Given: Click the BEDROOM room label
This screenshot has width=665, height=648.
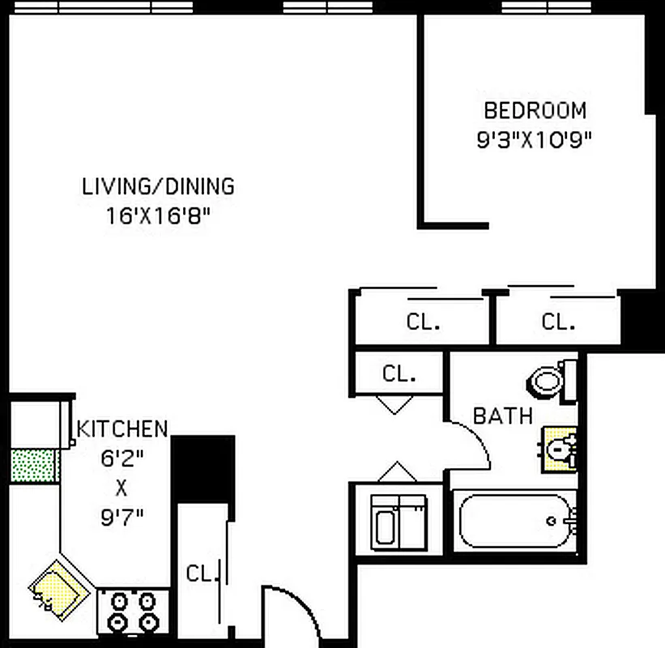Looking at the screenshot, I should pyautogui.click(x=535, y=110).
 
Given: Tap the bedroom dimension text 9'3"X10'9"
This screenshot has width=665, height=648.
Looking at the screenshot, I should pyautogui.click(x=535, y=139).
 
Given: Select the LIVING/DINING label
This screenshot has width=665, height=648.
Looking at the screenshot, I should pyautogui.click(x=158, y=186).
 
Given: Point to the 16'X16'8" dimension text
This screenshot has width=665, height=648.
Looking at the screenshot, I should pyautogui.click(x=158, y=216).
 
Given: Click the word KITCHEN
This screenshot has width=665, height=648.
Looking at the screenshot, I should pyautogui.click(x=122, y=428).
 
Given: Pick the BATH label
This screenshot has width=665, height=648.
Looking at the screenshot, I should pyautogui.click(x=503, y=416).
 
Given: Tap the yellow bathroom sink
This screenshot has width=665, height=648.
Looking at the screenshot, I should pyautogui.click(x=560, y=448).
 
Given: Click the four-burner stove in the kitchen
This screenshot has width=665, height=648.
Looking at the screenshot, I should pyautogui.click(x=133, y=612).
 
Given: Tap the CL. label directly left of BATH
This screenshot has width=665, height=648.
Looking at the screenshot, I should pyautogui.click(x=399, y=374).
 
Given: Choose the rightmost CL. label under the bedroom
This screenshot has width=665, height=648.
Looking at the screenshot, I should pyautogui.click(x=558, y=322).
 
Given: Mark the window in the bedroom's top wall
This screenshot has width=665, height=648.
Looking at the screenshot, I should pyautogui.click(x=535, y=7).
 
